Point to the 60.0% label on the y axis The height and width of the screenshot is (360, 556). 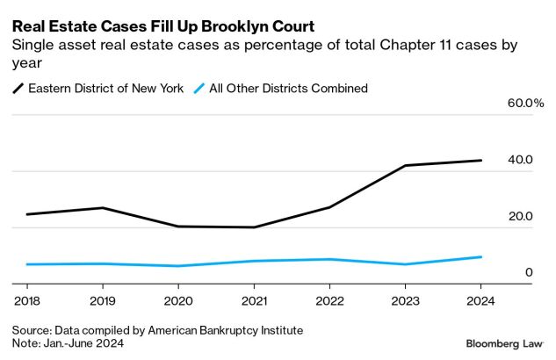526,104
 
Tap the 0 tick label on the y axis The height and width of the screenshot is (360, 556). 529,272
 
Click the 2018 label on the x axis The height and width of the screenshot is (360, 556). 26,300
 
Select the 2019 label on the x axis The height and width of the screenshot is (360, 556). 103,300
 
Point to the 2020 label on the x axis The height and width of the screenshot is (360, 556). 178,300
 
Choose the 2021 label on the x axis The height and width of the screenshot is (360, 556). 254,300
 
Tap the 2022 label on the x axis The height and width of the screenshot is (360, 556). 329,300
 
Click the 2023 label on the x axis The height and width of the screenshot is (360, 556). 405,300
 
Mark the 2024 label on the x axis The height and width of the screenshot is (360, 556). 480,300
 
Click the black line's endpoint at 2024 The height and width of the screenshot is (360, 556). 480,161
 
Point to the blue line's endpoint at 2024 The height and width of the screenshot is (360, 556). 480,256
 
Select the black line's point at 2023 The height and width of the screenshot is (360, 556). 405,165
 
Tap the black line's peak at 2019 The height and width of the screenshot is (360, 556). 103,208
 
